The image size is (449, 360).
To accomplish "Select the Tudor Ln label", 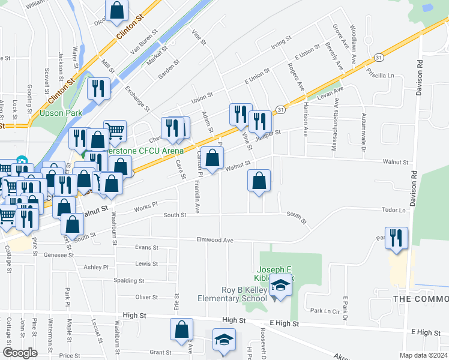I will (x=393, y=211).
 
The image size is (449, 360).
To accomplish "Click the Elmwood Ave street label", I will (x=215, y=240).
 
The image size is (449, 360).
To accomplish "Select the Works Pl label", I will (x=145, y=205).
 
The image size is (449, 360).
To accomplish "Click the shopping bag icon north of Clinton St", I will (x=117, y=10).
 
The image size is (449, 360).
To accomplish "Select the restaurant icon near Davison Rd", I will (x=397, y=238).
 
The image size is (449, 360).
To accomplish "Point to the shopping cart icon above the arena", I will (x=115, y=130).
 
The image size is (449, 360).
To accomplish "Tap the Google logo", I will (x=20, y=353).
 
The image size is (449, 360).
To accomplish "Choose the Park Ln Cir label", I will (x=325, y=311).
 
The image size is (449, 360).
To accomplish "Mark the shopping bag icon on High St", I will (x=181, y=330).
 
